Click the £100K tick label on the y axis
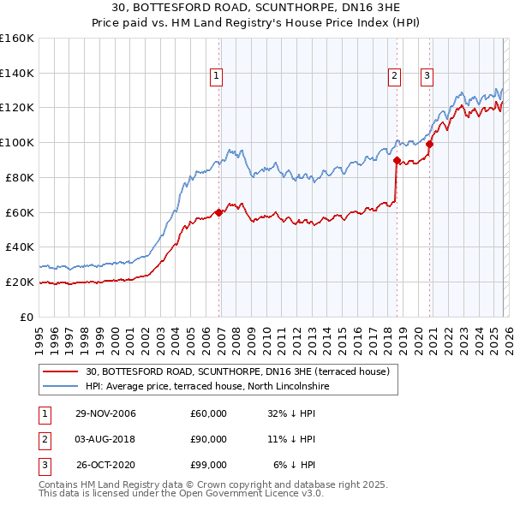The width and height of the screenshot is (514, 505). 16,142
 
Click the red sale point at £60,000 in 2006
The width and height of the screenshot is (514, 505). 218,212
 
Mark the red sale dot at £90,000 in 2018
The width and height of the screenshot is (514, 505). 396,160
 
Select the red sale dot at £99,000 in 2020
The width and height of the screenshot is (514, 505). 429,145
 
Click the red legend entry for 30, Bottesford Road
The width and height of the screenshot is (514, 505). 237,371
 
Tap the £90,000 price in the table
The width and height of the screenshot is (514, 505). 209,439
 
